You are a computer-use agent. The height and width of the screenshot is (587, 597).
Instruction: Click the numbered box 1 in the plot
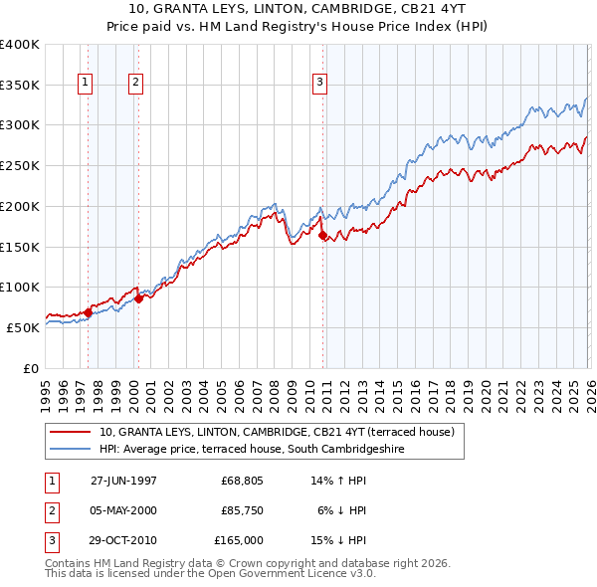[86, 83]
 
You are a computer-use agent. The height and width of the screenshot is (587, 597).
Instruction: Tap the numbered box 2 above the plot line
[135, 83]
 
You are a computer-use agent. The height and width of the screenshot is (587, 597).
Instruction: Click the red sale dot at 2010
[322, 235]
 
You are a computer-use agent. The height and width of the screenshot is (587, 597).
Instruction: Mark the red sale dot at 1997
[88, 312]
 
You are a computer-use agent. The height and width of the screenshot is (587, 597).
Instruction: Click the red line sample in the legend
[71, 432]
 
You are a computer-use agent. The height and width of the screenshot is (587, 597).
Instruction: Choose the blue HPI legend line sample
[71, 449]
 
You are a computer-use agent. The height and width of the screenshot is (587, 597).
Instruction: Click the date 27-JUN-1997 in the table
[123, 481]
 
